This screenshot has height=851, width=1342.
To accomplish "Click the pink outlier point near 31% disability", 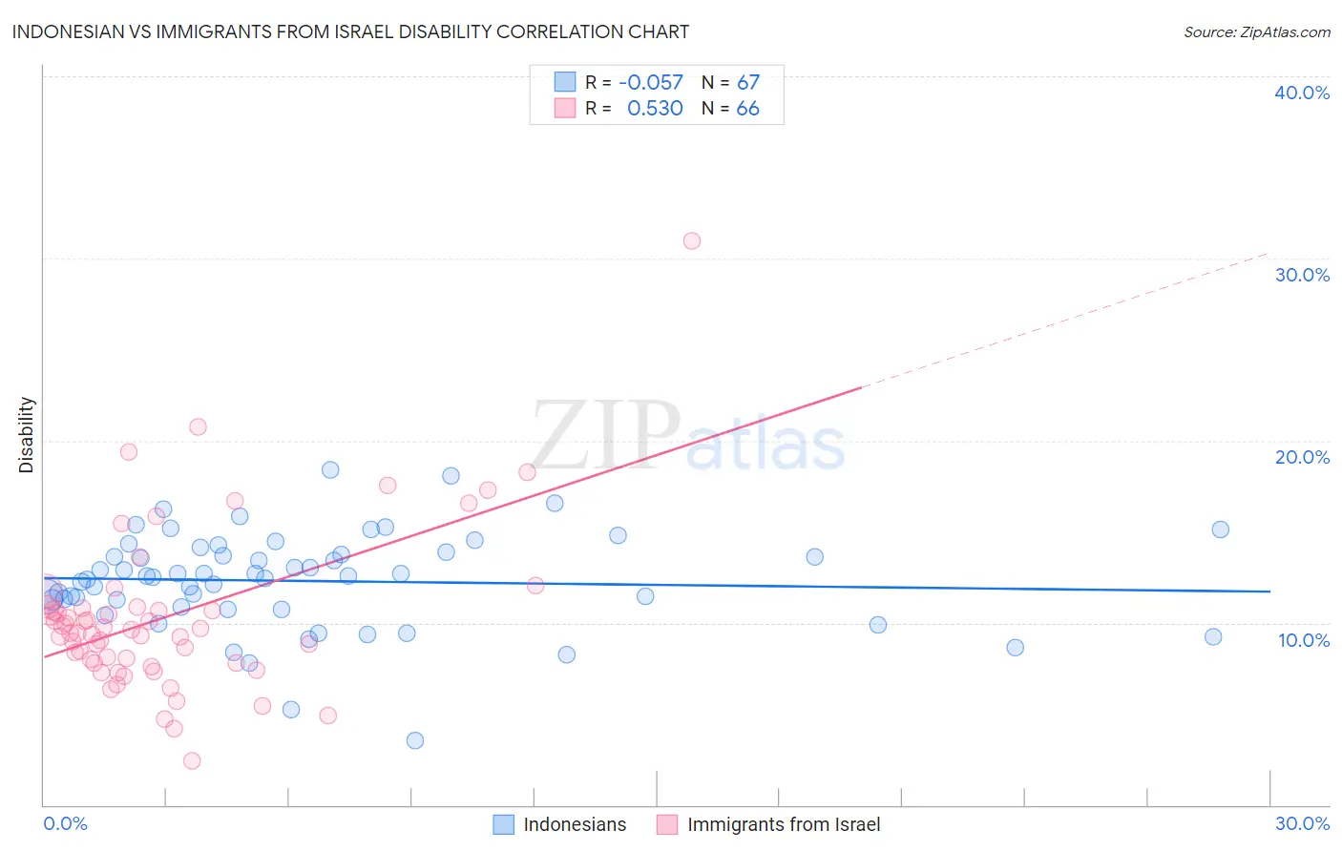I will (692, 240).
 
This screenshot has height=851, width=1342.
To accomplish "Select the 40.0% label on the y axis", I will (1302, 93).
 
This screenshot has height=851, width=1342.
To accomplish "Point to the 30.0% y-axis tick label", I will (1302, 275).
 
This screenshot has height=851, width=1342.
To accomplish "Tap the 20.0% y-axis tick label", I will (1302, 457).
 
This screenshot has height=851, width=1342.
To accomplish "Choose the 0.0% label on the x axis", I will (65, 823).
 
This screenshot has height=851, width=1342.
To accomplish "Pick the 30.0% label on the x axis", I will (1302, 823).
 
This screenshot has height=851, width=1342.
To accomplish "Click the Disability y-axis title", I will (27, 435).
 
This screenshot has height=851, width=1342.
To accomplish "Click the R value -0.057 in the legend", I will (651, 83).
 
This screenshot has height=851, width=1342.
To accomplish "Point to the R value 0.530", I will (655, 109).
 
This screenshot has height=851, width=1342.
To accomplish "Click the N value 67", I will (748, 83).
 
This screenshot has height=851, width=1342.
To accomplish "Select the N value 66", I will (748, 109).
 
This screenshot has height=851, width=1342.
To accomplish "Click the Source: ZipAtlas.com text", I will (1256, 32).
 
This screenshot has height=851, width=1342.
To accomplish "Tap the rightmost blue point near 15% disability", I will (1220, 529).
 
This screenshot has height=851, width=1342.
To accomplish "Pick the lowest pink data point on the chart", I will (192, 760).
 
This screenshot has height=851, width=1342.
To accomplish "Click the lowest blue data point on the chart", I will (414, 740).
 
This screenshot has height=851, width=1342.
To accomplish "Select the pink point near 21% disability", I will (198, 426).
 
